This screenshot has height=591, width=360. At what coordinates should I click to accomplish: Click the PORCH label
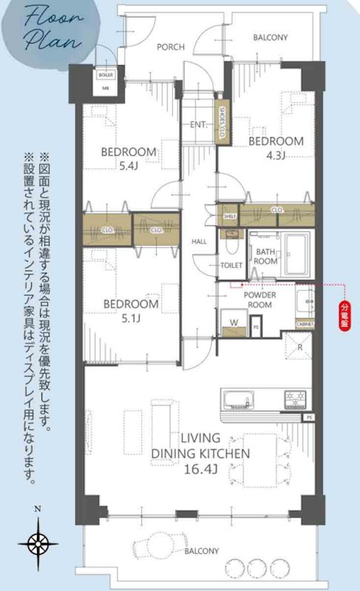(x=171, y=47)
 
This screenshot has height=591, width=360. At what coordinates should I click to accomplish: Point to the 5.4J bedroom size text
(x=129, y=167)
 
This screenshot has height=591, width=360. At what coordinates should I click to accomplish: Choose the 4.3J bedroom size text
(x=276, y=155)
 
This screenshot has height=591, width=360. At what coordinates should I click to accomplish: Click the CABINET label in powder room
(x=305, y=324)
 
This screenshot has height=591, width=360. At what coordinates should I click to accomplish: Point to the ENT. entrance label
(x=198, y=124)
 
